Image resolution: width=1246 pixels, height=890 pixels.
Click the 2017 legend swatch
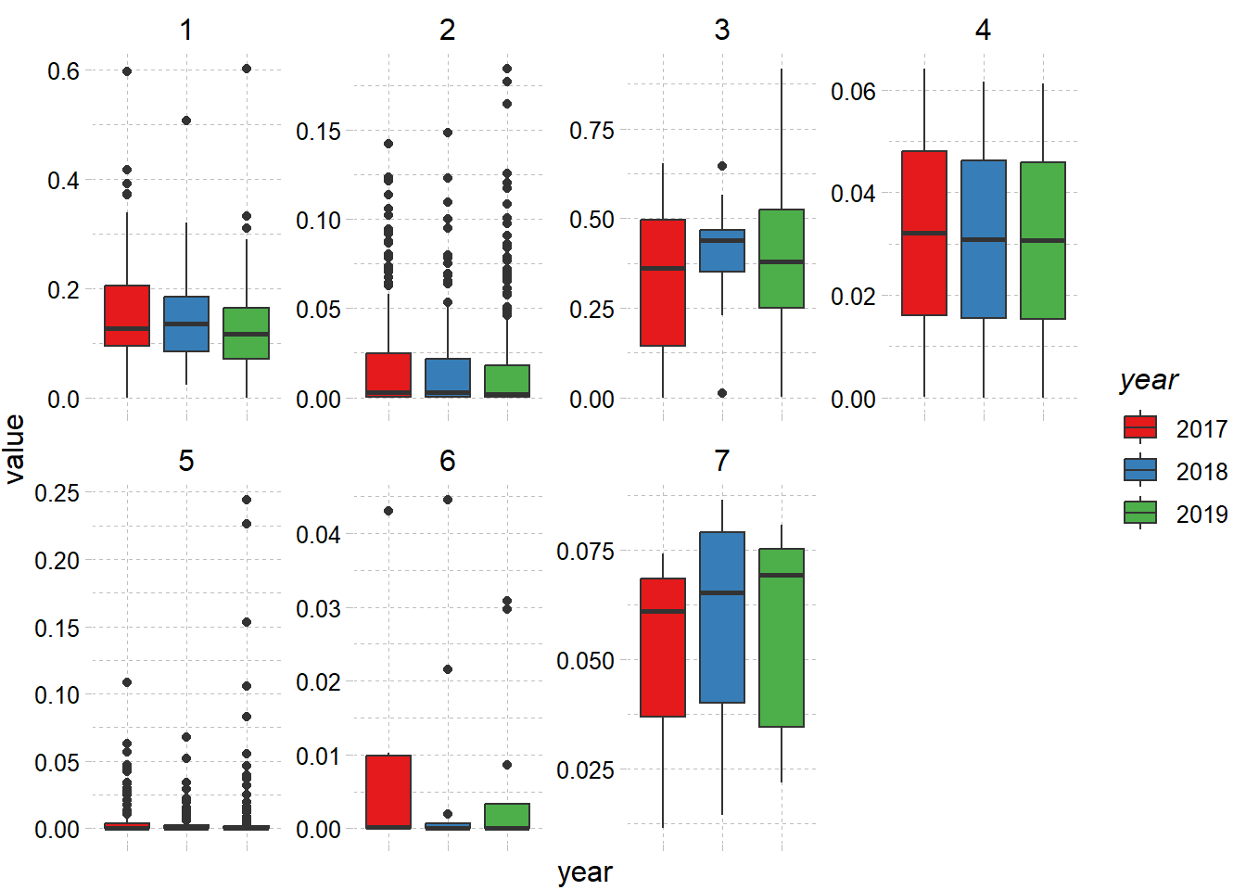pos(1140,427)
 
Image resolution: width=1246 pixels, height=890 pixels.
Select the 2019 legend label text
pos(1201,515)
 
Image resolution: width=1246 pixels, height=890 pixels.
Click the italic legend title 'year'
pos(1149,380)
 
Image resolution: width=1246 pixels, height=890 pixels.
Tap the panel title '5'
pos(186,461)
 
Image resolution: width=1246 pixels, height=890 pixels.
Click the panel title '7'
pos(722,461)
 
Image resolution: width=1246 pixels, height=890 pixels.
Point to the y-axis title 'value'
pos(15,449)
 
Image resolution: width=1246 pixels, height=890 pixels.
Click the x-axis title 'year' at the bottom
pos(585,872)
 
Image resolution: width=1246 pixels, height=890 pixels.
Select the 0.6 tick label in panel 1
pos(64,71)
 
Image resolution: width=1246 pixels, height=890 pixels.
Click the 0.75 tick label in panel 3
pos(591,131)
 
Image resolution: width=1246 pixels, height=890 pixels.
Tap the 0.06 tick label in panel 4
pos(853,92)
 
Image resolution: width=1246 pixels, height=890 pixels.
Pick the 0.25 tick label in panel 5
pos(57,493)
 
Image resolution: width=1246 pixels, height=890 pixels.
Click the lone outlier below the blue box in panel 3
pos(722,393)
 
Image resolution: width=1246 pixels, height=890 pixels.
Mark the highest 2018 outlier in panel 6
pos(448,500)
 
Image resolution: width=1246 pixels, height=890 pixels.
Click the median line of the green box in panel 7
pos(782,576)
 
